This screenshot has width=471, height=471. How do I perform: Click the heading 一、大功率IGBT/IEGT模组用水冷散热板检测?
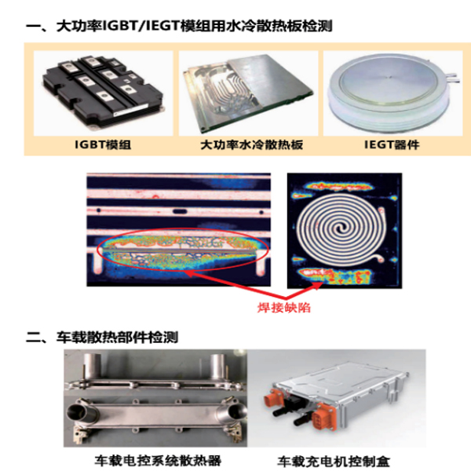coord(179,26)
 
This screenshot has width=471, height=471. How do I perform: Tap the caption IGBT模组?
coord(103,144)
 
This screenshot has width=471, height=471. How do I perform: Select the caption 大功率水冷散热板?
coord(251,144)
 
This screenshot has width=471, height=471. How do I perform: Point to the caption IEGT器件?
coord(392,144)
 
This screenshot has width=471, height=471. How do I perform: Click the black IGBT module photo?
coord(103,93)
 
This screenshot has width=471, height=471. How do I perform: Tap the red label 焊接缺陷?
coord(284,308)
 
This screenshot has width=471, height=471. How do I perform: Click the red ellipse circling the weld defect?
coord(182,229)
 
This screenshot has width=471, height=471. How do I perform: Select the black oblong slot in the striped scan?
coord(179,211)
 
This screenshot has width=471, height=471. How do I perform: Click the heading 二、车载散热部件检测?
coord(102,338)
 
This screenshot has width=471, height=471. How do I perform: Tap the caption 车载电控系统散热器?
coord(158,461)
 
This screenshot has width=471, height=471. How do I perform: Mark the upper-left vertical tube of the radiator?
coord(93,367)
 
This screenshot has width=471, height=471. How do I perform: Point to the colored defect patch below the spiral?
coord(335,276)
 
